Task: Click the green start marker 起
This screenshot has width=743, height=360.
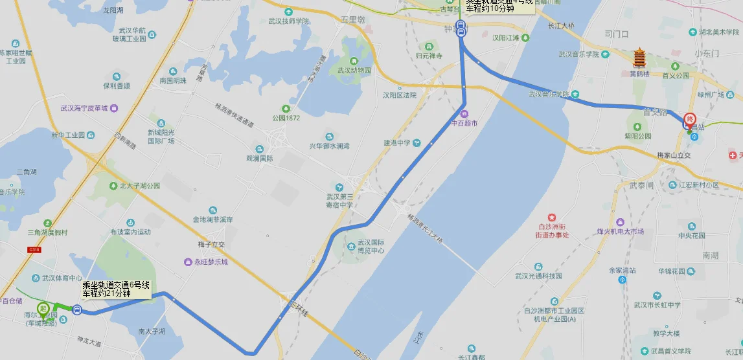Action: pyautogui.click(x=43, y=309)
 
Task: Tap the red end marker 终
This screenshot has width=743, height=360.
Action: pyautogui.click(x=689, y=119)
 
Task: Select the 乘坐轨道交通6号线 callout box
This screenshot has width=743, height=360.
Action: pyautogui.click(x=116, y=289)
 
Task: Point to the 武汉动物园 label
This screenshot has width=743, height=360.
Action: pyautogui.click(x=354, y=70)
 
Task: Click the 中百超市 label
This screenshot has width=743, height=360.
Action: pyautogui.click(x=464, y=122)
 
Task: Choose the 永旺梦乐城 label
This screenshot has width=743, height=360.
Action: pyautogui.click(x=206, y=262)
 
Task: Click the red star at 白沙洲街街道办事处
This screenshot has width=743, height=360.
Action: pyautogui.click(x=552, y=217)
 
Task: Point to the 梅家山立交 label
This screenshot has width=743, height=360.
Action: pyautogui.click(x=670, y=155)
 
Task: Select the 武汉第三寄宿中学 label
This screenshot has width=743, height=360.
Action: pyautogui.click(x=339, y=201)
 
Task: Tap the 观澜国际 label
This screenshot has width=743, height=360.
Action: pyautogui.click(x=260, y=158)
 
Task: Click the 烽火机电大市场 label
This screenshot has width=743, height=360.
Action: pyautogui.click(x=620, y=231)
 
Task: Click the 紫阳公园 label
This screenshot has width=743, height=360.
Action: pyautogui.click(x=638, y=136)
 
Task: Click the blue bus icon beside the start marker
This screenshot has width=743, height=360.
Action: pyautogui.click(x=77, y=311)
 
